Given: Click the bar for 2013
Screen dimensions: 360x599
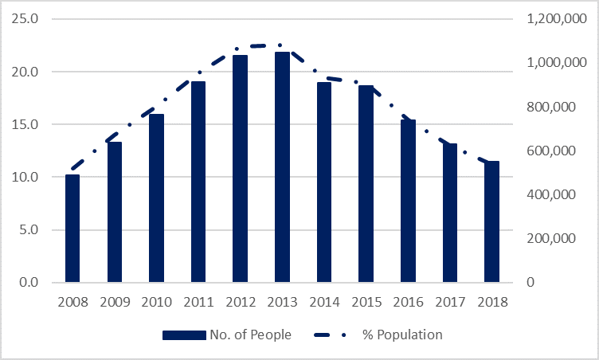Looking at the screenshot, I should click(282, 167).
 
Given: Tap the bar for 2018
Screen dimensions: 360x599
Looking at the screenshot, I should click(492, 222).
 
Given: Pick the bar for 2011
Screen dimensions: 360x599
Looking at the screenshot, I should click(198, 182).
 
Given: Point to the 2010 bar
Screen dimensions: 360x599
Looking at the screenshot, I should click(156, 198).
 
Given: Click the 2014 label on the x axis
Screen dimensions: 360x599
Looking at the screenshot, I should click(324, 303).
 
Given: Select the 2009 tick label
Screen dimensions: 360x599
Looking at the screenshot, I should click(114, 303).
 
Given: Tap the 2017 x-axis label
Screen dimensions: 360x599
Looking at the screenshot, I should click(450, 303).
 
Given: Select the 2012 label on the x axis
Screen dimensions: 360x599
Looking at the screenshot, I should click(241, 303).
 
